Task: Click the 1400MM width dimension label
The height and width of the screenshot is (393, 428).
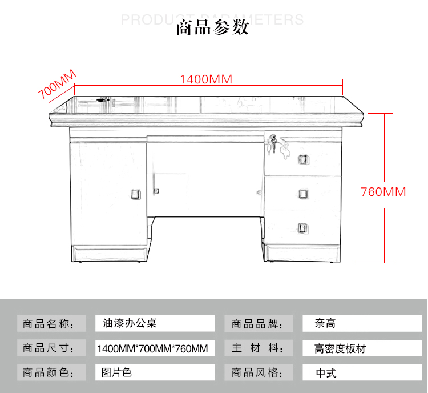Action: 206,79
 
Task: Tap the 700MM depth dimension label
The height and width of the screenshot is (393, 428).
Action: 56,84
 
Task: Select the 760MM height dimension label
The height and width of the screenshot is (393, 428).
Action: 383,192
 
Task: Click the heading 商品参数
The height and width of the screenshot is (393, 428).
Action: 212,27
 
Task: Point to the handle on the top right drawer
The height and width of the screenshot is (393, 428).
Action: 303,159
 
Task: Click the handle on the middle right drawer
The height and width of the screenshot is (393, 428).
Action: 303,194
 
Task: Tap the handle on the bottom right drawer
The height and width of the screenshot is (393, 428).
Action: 302,228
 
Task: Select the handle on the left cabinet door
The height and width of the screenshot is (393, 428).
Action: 136,194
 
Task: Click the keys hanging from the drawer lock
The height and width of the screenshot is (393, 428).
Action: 273,143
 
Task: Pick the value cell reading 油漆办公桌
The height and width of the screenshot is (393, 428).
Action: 155,323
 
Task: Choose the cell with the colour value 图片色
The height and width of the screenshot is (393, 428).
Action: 155,372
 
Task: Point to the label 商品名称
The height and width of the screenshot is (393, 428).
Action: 49,324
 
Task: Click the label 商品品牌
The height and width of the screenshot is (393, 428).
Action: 257,324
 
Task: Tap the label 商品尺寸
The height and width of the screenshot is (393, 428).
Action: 49,348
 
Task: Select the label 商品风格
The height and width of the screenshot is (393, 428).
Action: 257,372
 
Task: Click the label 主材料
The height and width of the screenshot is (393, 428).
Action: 257,348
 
